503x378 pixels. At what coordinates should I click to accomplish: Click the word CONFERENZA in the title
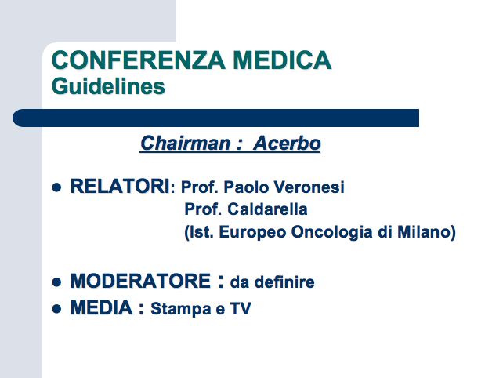[x=138, y=60]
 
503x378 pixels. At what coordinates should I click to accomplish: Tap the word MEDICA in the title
[x=282, y=60]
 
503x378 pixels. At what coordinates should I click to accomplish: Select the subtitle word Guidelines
[x=108, y=86]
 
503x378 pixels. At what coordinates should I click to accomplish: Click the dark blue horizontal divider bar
[x=216, y=118]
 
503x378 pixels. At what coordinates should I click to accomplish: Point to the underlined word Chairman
[x=185, y=143]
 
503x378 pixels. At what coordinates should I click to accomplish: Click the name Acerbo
[x=287, y=143]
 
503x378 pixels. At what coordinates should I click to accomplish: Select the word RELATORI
[x=120, y=186]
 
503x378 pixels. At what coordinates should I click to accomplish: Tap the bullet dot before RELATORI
[x=56, y=187]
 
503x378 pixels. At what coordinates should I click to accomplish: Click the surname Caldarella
[x=267, y=209]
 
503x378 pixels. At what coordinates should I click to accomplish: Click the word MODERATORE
[x=140, y=281]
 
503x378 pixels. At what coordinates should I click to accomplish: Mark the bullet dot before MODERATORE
[x=56, y=282]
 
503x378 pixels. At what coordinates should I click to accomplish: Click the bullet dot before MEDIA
[x=56, y=309]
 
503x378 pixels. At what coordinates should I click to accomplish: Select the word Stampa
[x=181, y=309]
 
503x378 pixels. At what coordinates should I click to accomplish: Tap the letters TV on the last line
[x=241, y=309]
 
